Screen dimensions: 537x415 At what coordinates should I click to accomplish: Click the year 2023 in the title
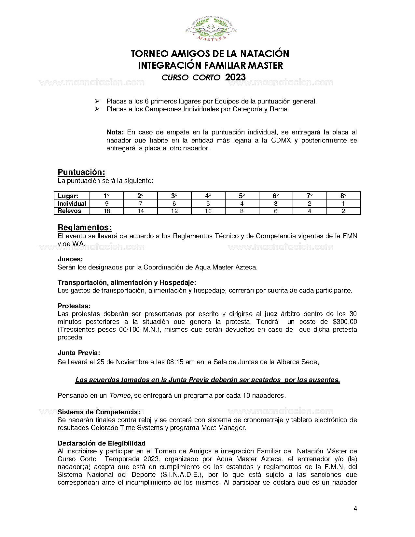coord(235,77)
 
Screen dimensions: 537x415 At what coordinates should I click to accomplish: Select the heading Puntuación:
coord(81,172)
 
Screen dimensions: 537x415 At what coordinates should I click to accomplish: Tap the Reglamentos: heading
coord(84,227)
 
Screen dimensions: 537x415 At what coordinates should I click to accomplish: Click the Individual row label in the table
coord(72,204)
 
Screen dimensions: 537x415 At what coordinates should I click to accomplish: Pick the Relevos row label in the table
coord(69,211)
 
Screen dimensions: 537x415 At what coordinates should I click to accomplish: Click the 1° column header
coord(106,196)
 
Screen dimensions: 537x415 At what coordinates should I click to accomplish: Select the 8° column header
coord(343,196)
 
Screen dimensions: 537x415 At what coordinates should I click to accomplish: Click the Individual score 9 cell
coord(106,204)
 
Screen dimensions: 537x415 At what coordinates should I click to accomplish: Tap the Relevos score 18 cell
coord(106,211)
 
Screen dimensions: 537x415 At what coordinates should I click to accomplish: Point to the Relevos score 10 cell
coord(208,211)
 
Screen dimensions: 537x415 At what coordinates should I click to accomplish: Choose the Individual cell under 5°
coord(242,204)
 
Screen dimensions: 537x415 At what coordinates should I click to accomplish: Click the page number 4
coord(355,509)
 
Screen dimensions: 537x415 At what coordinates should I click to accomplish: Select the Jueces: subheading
coord(70,259)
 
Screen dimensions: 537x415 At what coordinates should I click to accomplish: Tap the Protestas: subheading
coord(74,306)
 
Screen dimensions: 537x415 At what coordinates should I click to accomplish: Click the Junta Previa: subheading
coord(79,353)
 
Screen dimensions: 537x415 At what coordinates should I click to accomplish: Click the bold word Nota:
coord(115,132)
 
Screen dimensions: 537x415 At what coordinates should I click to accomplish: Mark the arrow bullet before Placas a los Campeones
coord(97,109)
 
